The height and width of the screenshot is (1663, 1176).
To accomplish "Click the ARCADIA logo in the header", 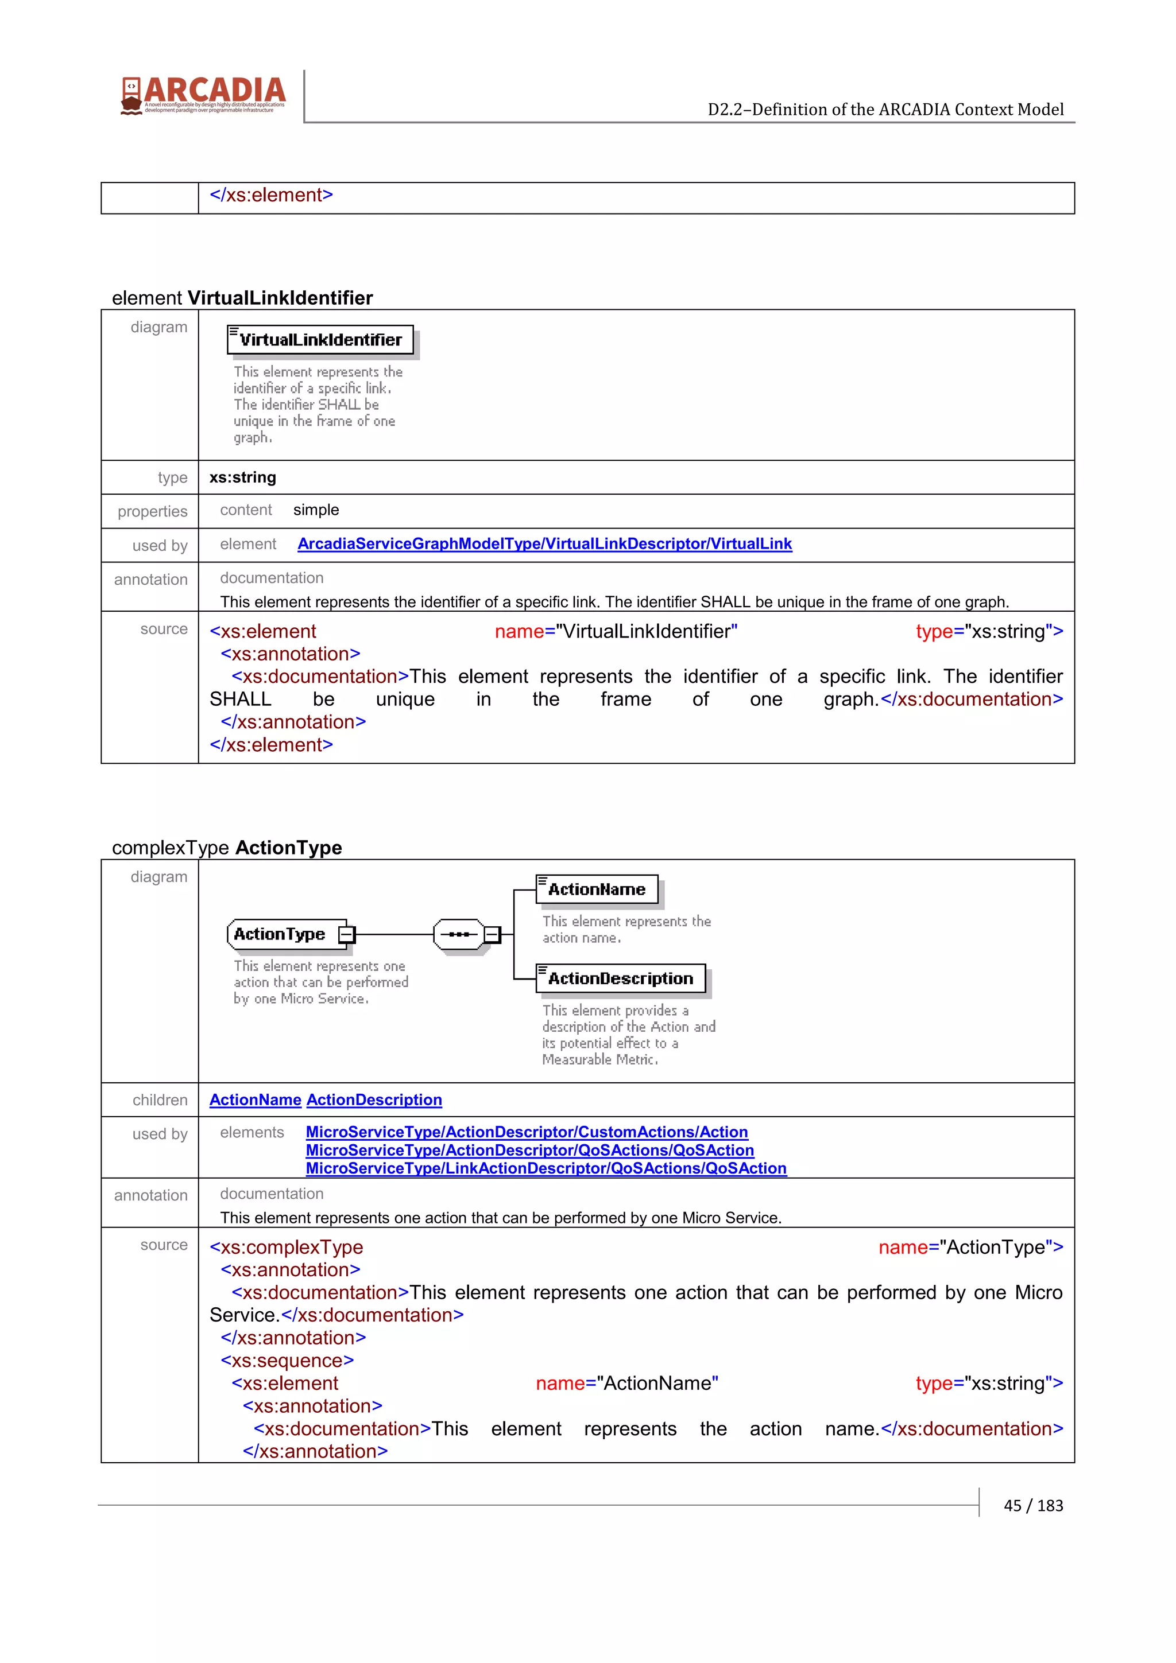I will (204, 95).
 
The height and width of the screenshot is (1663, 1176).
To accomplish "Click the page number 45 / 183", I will (1032, 1505).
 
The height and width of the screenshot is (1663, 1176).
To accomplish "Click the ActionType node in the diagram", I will (280, 934).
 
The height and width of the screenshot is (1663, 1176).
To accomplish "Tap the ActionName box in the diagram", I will (597, 889).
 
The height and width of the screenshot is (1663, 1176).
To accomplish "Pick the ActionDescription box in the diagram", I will (620, 978).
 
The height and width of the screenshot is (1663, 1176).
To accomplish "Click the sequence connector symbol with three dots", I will (459, 934).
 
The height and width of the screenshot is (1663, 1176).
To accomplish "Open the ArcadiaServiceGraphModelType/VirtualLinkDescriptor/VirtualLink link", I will (544, 544).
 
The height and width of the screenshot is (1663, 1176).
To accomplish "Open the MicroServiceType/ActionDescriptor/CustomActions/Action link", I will (526, 1132).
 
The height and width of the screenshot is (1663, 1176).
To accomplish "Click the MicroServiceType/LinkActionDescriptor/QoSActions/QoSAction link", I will (546, 1168).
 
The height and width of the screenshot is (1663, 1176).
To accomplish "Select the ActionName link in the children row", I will (255, 1099).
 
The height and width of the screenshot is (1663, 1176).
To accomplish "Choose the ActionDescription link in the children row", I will (374, 1099).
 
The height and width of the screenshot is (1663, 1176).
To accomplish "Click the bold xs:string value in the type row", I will (243, 477).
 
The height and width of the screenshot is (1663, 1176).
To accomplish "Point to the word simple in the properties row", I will (316, 510).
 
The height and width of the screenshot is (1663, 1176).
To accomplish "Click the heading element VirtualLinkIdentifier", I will (242, 298).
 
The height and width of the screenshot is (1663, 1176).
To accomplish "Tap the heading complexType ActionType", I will (226, 848).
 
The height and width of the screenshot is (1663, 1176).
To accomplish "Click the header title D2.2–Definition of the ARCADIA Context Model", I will (885, 110).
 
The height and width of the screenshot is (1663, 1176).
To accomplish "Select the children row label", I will (160, 1100).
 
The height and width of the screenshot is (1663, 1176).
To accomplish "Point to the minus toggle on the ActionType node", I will (347, 934).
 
